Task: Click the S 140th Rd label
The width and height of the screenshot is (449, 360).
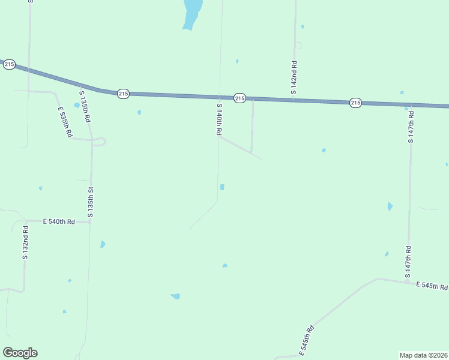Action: pyautogui.click(x=220, y=121)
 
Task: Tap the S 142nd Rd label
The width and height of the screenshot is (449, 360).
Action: pyautogui.click(x=294, y=77)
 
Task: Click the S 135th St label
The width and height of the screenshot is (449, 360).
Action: pyautogui.click(x=91, y=202)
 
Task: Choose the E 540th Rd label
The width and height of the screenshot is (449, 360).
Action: pyautogui.click(x=59, y=221)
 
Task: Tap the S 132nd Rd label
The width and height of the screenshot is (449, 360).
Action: pyautogui.click(x=25, y=242)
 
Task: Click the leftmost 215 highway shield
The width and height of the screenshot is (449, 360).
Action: pyautogui.click(x=9, y=64)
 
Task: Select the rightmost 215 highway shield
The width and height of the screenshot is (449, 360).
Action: pyautogui.click(x=355, y=103)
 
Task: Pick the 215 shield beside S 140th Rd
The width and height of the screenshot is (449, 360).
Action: pyautogui.click(x=240, y=98)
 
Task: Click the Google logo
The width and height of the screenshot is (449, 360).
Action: pyautogui.click(x=20, y=353)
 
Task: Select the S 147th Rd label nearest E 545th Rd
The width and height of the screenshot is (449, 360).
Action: pyautogui.click(x=408, y=261)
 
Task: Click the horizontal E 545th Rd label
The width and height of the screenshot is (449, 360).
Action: pyautogui.click(x=432, y=286)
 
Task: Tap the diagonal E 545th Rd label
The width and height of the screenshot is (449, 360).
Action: pyautogui.click(x=307, y=340)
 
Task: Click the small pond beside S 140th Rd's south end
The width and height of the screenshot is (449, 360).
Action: pyautogui.click(x=222, y=187)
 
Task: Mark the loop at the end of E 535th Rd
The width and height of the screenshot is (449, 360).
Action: pyautogui.click(x=100, y=142)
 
